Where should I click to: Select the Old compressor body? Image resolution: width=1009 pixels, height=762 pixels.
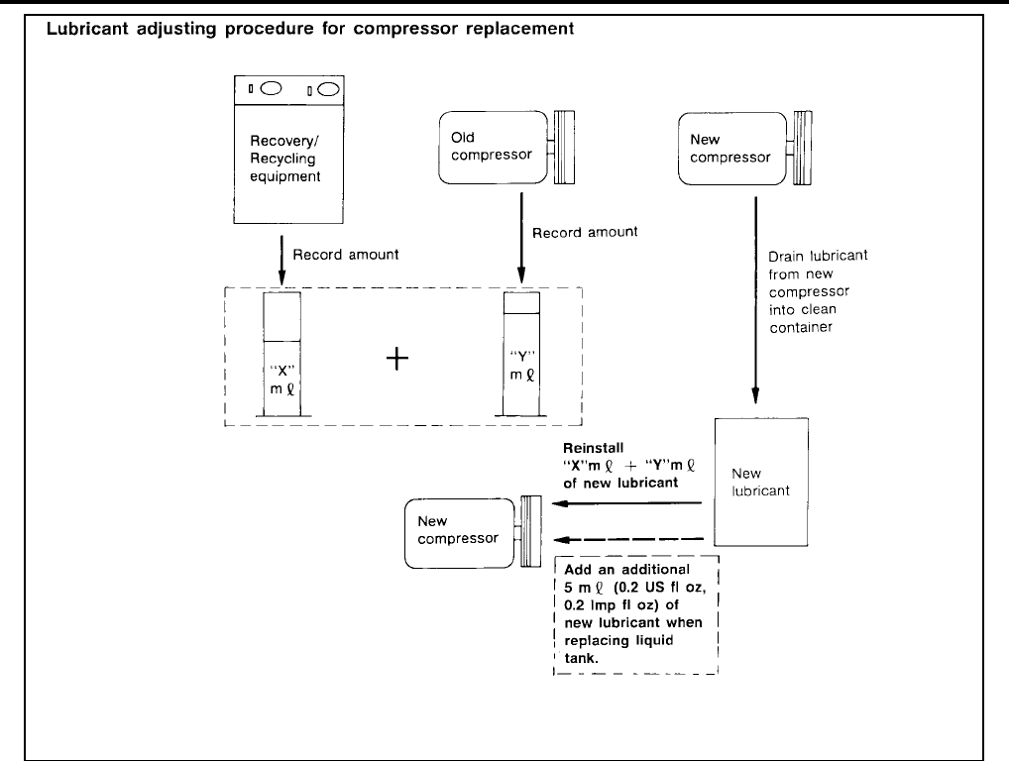coord(492,147)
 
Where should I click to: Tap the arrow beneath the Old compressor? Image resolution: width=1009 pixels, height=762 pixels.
coord(520,235)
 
